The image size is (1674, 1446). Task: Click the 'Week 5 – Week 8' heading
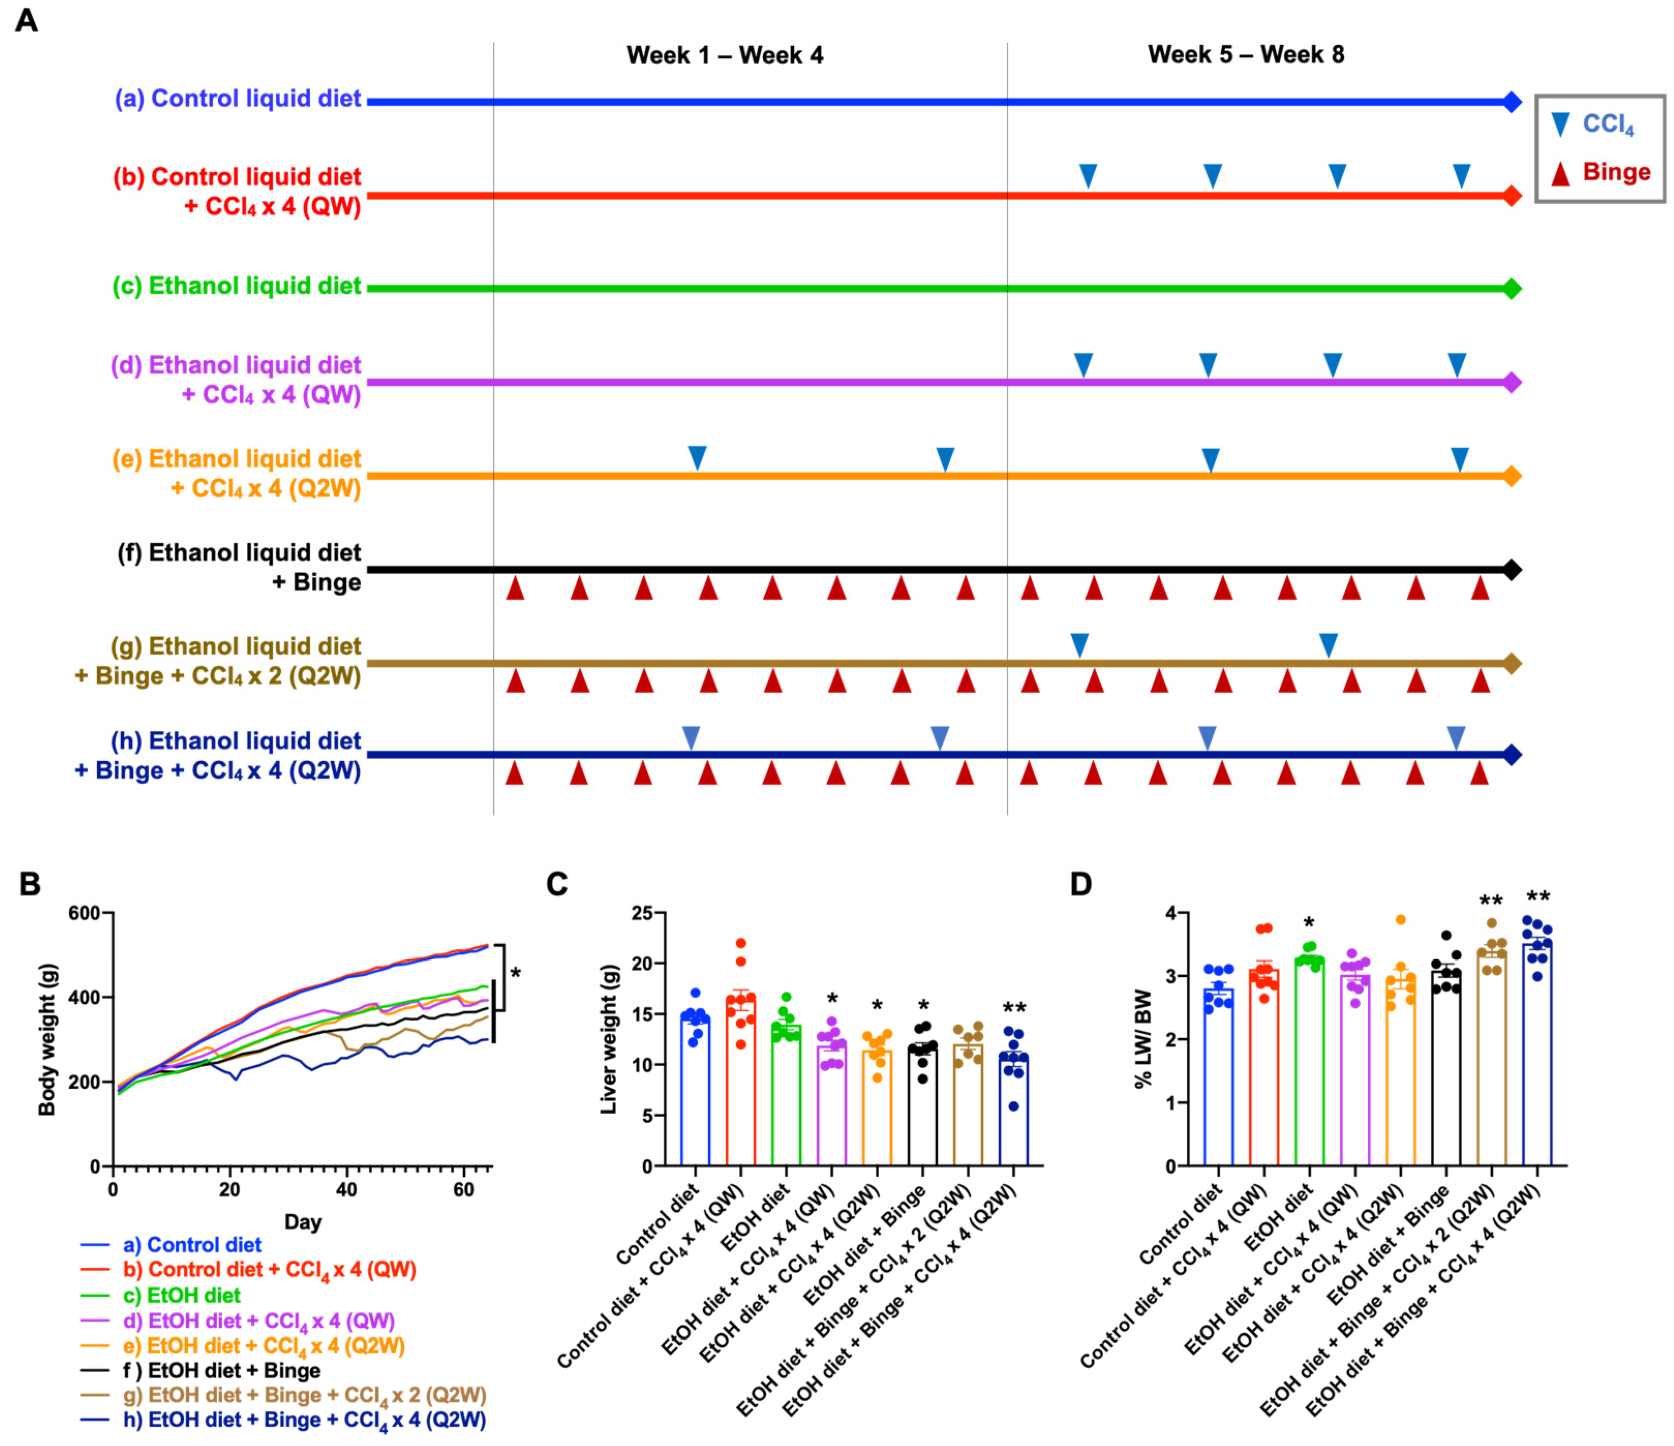tap(1246, 54)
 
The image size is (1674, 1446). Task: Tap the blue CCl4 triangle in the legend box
tap(1560, 125)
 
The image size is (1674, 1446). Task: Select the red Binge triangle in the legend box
tap(1560, 173)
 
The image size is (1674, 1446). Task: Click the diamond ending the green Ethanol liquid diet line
tap(1512, 288)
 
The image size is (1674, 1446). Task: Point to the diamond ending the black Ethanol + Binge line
tap(1512, 570)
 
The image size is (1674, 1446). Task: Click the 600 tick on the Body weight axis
tap(84, 913)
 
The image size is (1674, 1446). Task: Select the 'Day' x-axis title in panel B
tap(303, 1221)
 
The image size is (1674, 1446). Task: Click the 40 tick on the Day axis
tap(346, 1189)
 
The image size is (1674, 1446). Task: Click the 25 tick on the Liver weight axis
tap(642, 913)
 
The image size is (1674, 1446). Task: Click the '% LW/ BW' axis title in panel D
tap(1143, 1039)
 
